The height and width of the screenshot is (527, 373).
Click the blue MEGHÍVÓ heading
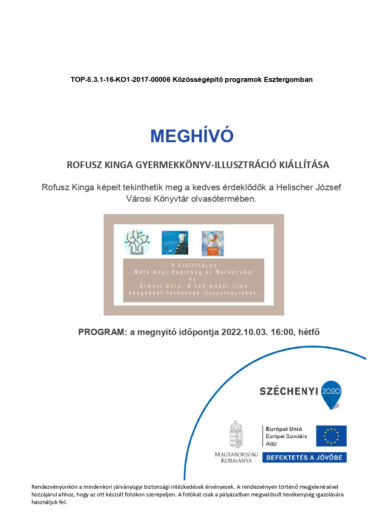(192, 135)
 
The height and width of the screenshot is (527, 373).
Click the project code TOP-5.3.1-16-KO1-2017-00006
(121, 79)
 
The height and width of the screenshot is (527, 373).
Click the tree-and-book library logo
(137, 242)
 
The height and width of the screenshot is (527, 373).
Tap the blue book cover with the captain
(175, 242)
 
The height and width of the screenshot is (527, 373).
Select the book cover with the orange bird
(212, 243)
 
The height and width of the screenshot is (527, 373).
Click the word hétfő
(310, 332)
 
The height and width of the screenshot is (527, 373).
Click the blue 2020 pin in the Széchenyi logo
(332, 393)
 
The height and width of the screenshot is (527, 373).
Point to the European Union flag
(331, 436)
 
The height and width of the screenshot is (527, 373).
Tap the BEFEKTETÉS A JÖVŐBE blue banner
(304, 457)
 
